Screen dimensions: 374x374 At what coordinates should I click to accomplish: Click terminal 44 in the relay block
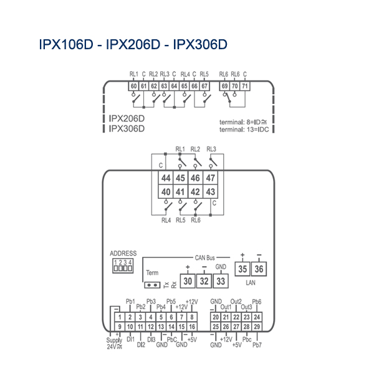165,178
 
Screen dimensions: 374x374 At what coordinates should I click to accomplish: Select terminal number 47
211,178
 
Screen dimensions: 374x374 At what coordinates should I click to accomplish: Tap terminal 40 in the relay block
165,192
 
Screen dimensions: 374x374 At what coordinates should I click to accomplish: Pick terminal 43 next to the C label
211,192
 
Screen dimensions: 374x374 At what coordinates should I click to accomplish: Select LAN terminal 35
242,269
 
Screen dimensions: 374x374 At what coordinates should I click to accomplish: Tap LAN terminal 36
259,269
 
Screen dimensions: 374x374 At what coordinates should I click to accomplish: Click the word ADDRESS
122,254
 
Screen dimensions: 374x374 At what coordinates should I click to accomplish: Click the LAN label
251,283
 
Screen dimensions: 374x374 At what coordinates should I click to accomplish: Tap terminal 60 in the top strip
133,86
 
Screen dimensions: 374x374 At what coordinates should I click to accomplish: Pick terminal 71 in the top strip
245,86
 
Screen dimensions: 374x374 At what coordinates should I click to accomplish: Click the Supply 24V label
114,342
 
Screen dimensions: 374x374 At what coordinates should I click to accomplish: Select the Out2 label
236,301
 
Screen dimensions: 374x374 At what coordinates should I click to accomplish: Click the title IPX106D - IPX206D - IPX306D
133,45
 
